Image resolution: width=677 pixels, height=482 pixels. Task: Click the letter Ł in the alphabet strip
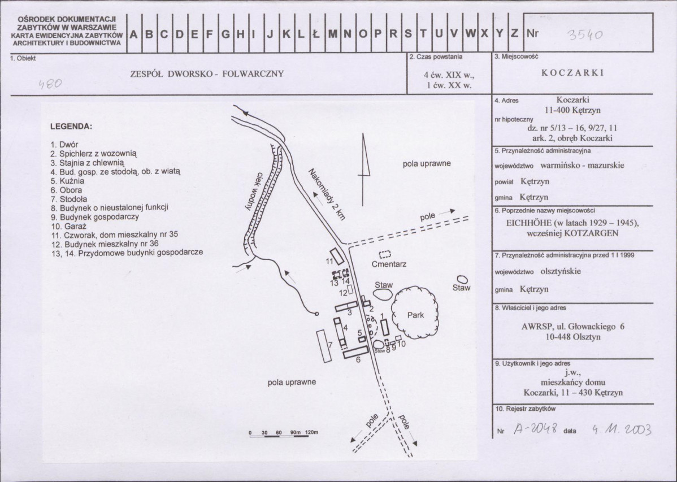(316, 34)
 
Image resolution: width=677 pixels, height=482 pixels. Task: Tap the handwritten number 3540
(585, 34)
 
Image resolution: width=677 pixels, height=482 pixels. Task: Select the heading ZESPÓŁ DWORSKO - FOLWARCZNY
(207, 74)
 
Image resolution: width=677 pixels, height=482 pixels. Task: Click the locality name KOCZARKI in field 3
(572, 72)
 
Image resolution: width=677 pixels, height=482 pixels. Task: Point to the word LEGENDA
(71, 127)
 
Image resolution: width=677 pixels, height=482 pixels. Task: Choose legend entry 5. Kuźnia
(67, 181)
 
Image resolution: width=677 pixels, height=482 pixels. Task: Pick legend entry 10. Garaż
(69, 227)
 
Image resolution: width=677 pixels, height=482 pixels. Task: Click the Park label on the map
(416, 315)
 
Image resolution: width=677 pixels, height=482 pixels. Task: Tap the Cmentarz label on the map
(389, 264)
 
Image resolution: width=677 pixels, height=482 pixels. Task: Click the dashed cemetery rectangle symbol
(385, 254)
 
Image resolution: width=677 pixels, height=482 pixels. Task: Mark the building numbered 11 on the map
(337, 256)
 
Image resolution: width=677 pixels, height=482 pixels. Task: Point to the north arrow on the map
(363, 170)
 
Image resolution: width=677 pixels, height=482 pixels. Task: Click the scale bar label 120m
(312, 432)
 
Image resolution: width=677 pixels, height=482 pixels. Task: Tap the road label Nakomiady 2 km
(327, 195)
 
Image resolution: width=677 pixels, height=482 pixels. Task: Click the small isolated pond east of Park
(462, 280)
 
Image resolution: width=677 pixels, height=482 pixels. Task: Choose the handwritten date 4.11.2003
(622, 429)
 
